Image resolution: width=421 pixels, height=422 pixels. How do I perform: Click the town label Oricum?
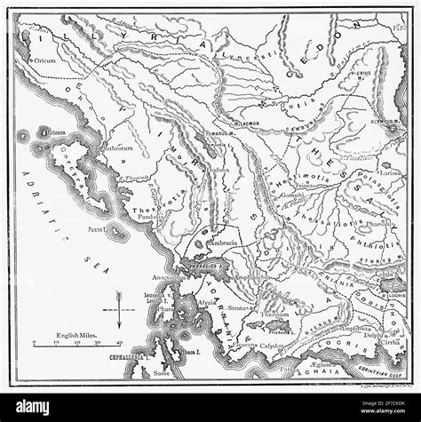point(44,60)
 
